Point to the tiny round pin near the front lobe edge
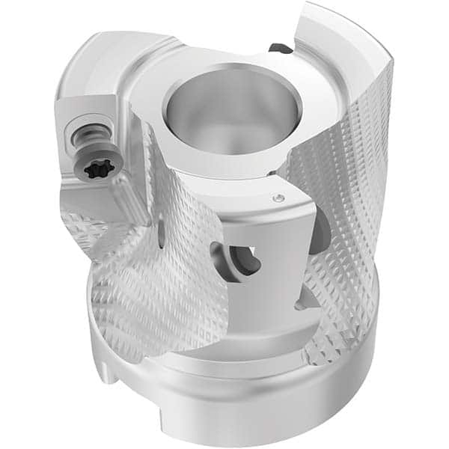coord(278,198)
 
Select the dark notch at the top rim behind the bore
coord(281,49)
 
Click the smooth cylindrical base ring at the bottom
coord(247,397)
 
